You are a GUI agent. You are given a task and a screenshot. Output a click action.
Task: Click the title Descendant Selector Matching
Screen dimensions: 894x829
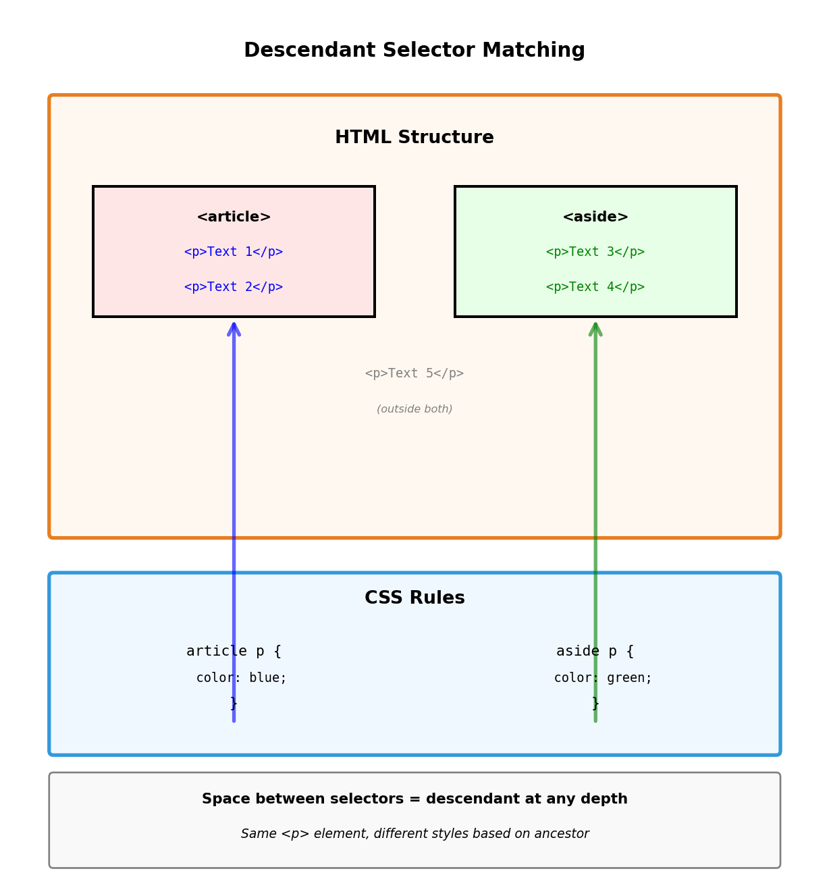click(x=414, y=51)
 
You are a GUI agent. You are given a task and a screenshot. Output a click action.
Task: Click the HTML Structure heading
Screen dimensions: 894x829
click(x=414, y=138)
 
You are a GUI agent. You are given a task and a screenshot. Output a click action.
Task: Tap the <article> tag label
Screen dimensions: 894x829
click(x=234, y=217)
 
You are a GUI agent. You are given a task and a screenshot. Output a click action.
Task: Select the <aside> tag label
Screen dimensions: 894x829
click(x=595, y=217)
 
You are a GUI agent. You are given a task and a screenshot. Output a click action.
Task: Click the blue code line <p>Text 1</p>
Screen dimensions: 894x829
click(x=234, y=252)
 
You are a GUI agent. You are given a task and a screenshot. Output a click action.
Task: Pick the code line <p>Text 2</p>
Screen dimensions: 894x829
click(x=234, y=287)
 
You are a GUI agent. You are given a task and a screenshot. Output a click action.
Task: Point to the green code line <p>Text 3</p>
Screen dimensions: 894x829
click(x=595, y=252)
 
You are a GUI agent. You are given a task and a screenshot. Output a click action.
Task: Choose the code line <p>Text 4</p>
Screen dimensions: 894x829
click(x=595, y=287)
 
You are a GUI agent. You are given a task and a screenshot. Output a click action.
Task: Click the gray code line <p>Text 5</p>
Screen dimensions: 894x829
click(x=414, y=373)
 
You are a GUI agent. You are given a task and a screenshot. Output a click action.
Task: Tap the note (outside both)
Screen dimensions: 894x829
click(x=414, y=409)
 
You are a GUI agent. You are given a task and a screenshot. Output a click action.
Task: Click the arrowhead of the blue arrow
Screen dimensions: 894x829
click(x=234, y=328)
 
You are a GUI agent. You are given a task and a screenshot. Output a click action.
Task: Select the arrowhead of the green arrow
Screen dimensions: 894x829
click(x=595, y=328)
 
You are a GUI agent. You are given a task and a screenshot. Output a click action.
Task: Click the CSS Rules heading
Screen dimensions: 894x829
click(x=414, y=598)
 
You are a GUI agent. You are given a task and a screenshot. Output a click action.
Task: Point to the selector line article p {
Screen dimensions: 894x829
click(x=234, y=652)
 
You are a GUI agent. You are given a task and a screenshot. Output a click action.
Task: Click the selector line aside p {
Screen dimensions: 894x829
click(x=595, y=652)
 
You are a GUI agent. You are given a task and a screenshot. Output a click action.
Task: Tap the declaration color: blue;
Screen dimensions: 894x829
click(x=241, y=678)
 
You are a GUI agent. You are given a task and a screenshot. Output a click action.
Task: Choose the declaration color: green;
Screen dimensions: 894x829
click(x=603, y=678)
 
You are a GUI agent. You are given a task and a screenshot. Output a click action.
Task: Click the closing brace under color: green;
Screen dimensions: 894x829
click(x=595, y=704)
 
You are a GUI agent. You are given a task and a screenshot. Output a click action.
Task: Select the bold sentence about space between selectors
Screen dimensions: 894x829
click(x=414, y=799)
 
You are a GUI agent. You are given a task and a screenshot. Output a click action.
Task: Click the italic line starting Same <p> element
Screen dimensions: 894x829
click(x=414, y=835)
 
